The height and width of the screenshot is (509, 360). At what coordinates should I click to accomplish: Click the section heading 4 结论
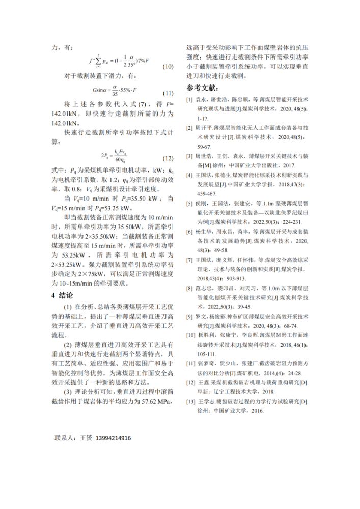point(63,295)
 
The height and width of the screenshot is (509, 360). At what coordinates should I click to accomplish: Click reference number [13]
point(190,402)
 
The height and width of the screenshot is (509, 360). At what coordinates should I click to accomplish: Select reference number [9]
point(189,316)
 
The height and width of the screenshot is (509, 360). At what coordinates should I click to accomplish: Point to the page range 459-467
point(208,194)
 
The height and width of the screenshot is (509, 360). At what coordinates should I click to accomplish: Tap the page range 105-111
point(208,354)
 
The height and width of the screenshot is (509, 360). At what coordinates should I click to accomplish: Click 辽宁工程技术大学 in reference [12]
point(236,392)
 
